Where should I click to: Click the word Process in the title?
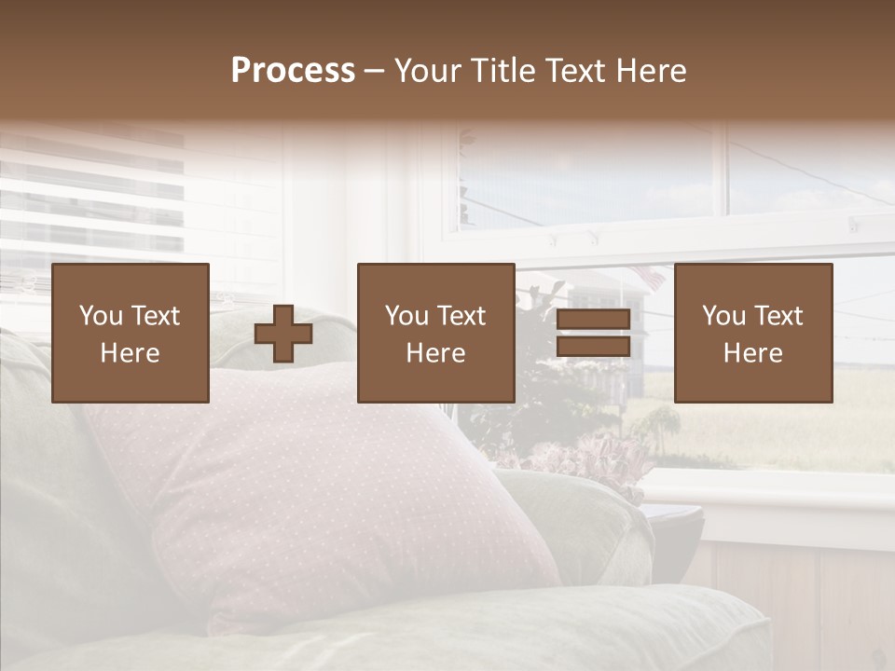(x=293, y=71)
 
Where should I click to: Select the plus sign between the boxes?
(x=283, y=334)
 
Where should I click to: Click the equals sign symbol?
(x=593, y=334)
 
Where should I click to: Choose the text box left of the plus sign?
(x=131, y=333)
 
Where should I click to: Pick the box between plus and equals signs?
(x=436, y=333)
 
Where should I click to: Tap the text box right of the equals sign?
(x=753, y=333)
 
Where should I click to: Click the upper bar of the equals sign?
(x=593, y=321)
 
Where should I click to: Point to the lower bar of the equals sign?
(x=593, y=347)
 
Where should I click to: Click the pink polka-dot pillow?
(x=308, y=494)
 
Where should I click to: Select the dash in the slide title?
(x=375, y=71)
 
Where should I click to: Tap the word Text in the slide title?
(x=574, y=71)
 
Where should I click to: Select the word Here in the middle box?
(x=436, y=353)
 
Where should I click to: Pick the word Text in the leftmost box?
(x=155, y=316)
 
